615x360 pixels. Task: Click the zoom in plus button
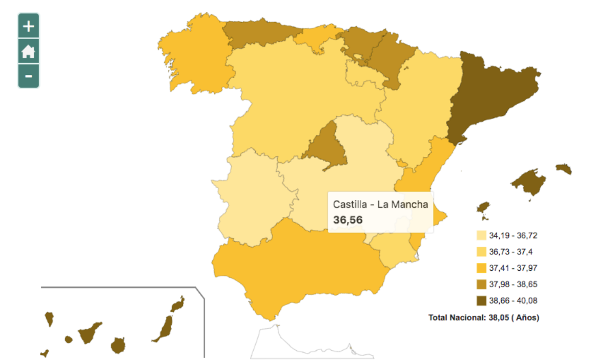[x=29, y=26]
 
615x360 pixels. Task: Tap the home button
[x=29, y=51]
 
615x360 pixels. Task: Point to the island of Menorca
[x=563, y=169]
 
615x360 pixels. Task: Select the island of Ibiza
[x=483, y=207]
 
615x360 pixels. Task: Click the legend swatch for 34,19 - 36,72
[x=481, y=236]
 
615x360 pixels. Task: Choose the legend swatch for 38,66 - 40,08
[x=481, y=301]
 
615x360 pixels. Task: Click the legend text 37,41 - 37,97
[x=513, y=268]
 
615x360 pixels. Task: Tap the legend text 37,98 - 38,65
[x=513, y=284]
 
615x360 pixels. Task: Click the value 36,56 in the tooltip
[x=348, y=220]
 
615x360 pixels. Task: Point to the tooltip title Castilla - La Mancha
[x=380, y=204]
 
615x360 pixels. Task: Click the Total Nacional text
[x=483, y=318]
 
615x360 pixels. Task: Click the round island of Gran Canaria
[x=118, y=345]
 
